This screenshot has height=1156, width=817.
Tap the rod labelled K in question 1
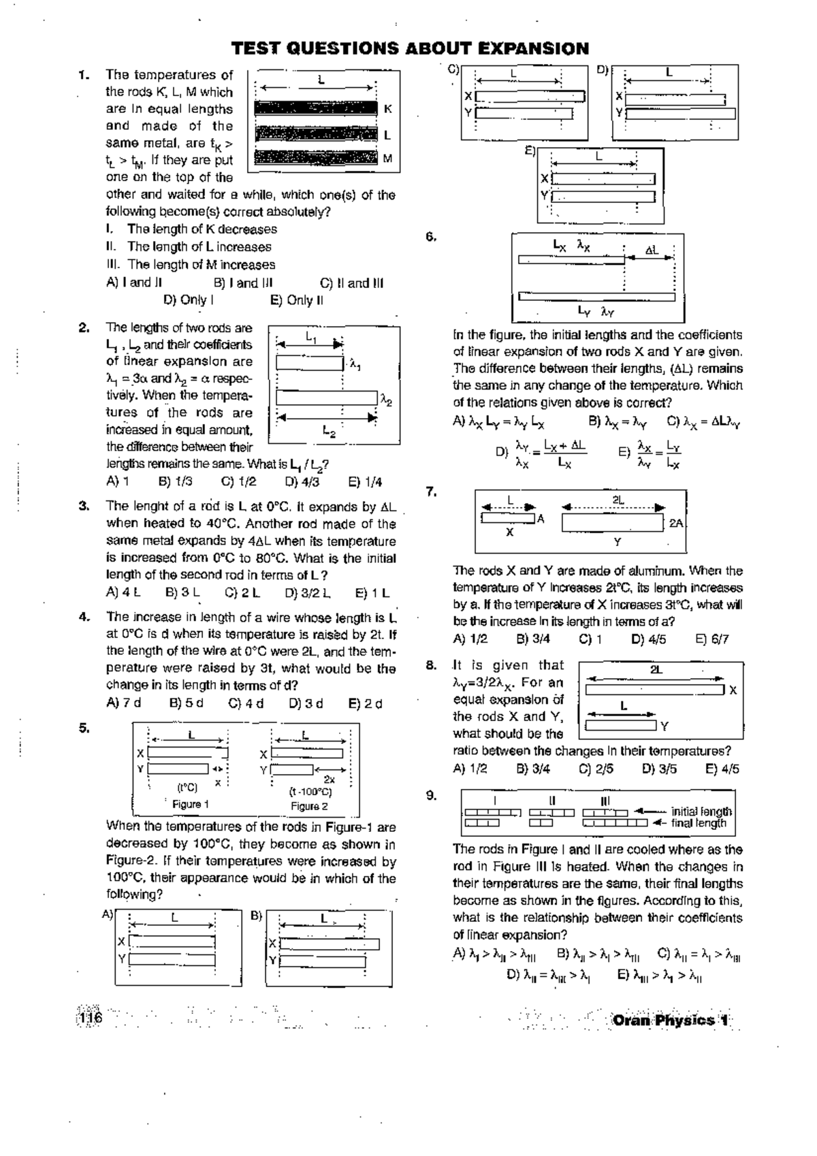point(316,109)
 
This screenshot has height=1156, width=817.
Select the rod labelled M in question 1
point(316,159)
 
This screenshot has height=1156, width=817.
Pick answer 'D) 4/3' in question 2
point(302,482)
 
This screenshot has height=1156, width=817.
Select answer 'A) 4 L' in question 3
point(123,592)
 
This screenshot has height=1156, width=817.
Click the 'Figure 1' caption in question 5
point(186,804)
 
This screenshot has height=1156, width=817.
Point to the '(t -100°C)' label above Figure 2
point(310,792)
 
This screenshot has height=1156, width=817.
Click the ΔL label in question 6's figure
point(652,251)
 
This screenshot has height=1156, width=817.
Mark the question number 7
point(431,491)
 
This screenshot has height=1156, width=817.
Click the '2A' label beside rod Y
point(676,524)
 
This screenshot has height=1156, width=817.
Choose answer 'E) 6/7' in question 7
point(712,639)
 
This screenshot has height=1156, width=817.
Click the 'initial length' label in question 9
point(701,812)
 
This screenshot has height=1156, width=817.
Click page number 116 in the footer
point(91,1018)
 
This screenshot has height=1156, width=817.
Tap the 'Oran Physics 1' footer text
point(671,1020)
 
